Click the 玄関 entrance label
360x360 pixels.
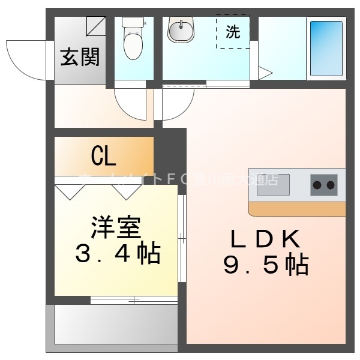click(80, 58)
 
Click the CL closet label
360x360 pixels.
click(103, 157)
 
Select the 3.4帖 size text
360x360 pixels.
click(118, 254)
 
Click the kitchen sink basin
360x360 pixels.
click(274, 185)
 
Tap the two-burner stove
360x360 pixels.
click(324, 185)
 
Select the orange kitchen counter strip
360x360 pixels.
click(297, 209)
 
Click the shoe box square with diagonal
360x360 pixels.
click(96, 26)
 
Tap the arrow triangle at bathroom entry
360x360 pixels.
click(265, 73)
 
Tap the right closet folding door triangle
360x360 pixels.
click(126, 191)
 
